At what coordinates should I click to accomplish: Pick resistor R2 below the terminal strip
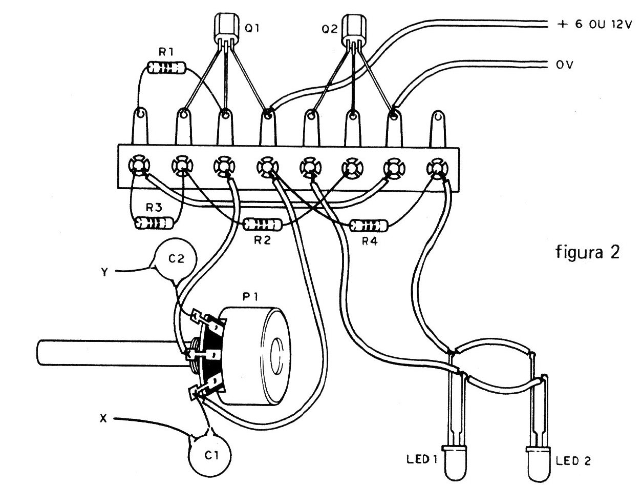(262, 224)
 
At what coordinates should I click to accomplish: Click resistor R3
(153, 223)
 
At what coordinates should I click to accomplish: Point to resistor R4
(369, 225)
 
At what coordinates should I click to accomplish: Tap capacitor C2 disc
(176, 261)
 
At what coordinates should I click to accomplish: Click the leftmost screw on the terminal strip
(138, 166)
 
